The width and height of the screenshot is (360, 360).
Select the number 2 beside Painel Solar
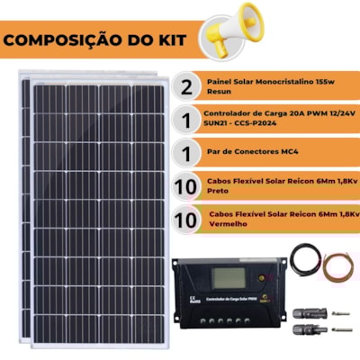tap(186, 87)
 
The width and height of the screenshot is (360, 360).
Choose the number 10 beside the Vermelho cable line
tap(186, 220)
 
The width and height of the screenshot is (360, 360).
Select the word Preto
tap(215, 193)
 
